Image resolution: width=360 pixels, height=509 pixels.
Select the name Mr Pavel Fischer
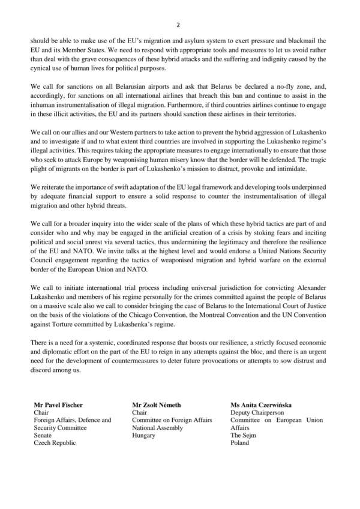click(57, 404)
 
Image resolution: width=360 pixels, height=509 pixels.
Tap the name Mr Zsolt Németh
click(158, 404)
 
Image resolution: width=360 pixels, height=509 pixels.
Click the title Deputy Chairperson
click(259, 412)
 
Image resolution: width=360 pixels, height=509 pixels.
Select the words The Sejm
click(244, 435)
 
